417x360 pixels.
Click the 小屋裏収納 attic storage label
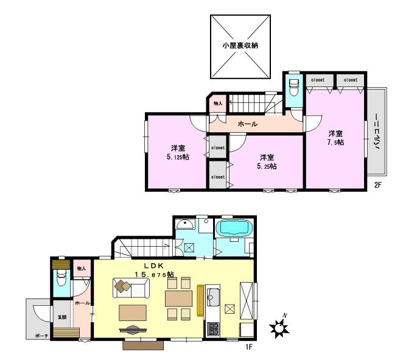(x=239, y=46)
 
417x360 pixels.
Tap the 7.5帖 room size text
(x=335, y=142)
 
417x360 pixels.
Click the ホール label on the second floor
(x=247, y=124)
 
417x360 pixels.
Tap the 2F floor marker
(x=378, y=184)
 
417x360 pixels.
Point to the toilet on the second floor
(x=293, y=86)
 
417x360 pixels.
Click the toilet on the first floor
(x=61, y=280)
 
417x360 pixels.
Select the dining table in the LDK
(x=178, y=298)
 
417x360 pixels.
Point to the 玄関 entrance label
(x=62, y=317)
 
